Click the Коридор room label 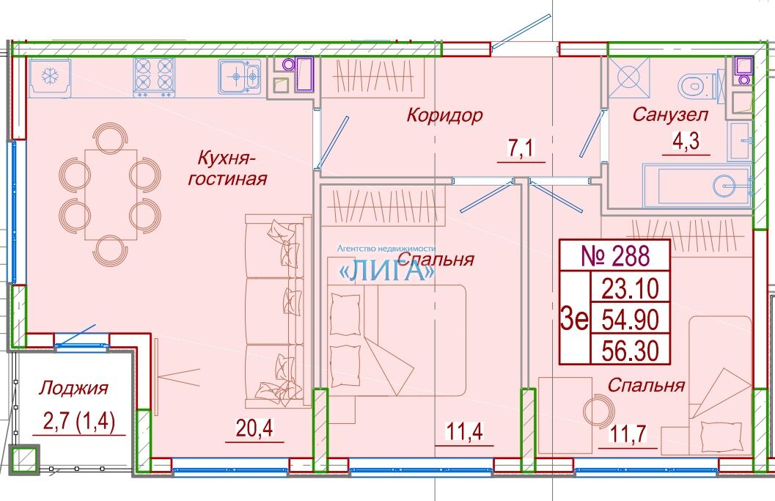click(x=444, y=116)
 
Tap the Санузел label click(x=670, y=114)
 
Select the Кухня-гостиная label click(x=227, y=169)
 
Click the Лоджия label click(x=73, y=389)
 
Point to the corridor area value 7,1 click(x=521, y=148)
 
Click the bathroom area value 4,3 click(x=686, y=142)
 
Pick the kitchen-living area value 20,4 click(x=254, y=428)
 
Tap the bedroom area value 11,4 click(x=464, y=431)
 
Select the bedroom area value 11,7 click(x=628, y=434)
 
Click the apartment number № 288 click(x=615, y=256)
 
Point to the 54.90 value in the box click(x=630, y=320)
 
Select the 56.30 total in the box click(x=630, y=351)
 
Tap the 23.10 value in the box click(x=630, y=288)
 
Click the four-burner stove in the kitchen click(x=154, y=77)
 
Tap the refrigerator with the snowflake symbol click(x=49, y=78)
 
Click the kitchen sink click(x=240, y=76)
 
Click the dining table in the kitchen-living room click(x=111, y=194)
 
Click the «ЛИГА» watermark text click(x=386, y=270)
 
